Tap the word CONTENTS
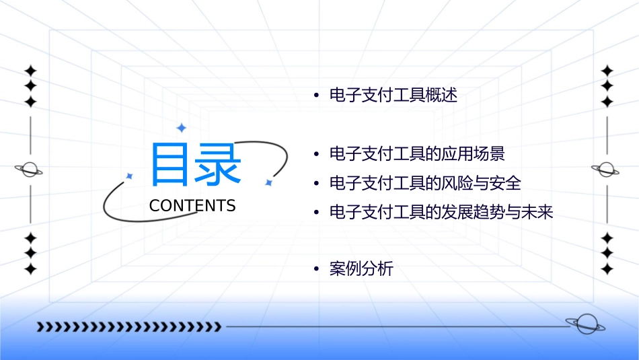[192, 206]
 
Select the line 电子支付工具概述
[393, 96]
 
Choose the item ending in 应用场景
[417, 154]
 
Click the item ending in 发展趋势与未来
[441, 213]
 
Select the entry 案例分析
[361, 269]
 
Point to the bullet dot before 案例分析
[315, 270]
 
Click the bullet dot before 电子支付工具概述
[315, 96]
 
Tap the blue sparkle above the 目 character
[180, 128]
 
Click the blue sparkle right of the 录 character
[268, 182]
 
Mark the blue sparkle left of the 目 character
[129, 176]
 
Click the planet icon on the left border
[29, 170]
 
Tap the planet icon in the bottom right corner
[585, 324]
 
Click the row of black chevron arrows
[128, 327]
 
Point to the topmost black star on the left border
[30, 71]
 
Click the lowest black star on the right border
[607, 269]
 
